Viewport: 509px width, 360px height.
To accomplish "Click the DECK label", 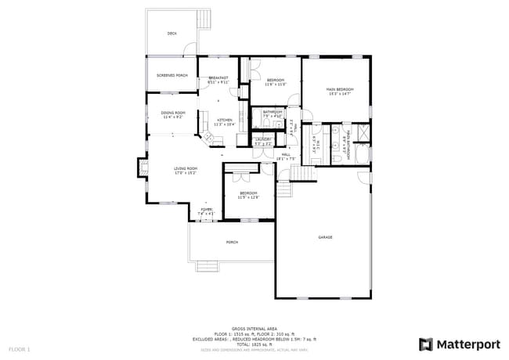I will point(171,34).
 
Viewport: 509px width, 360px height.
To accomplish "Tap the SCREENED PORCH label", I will point(171,75).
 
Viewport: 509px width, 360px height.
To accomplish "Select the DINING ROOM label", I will point(173,113).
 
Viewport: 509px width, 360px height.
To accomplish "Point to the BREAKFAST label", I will point(218,78).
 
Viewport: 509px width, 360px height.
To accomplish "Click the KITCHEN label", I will point(225,120).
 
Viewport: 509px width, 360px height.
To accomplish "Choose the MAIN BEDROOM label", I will point(340,90).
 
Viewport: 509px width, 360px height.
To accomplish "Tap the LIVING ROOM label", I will point(186,168).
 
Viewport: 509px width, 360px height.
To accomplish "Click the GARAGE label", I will point(325,237).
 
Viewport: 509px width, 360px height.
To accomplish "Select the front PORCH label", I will point(232,242).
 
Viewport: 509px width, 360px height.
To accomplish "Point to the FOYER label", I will point(206,210).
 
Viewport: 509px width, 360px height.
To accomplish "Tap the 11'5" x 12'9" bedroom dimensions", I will point(248,197).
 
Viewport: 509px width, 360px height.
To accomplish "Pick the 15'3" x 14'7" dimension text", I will point(340,95).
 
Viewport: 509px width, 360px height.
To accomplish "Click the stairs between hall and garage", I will point(283,190).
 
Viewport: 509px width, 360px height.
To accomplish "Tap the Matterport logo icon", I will point(426,344).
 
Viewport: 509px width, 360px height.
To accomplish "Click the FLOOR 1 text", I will point(20,348).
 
